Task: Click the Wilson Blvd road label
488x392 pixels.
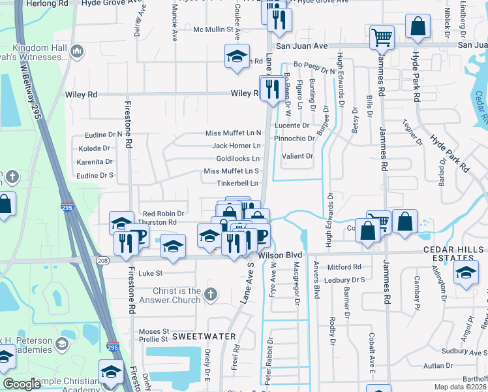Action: coord(281,254)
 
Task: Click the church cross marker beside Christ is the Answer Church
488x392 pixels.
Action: coord(209,294)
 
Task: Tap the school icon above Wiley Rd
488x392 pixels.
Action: coord(237,56)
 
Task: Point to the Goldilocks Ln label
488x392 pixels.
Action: coord(238,159)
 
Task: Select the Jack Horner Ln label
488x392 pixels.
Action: coord(236,146)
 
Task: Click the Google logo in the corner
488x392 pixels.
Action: coord(22,384)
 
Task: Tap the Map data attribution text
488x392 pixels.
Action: coord(460,387)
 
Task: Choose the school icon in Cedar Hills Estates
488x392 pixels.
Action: coord(465,273)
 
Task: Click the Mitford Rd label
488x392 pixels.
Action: coord(344,267)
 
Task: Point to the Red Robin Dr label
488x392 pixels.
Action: coord(163,214)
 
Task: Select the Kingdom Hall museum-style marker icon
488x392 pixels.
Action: coord(77,50)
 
